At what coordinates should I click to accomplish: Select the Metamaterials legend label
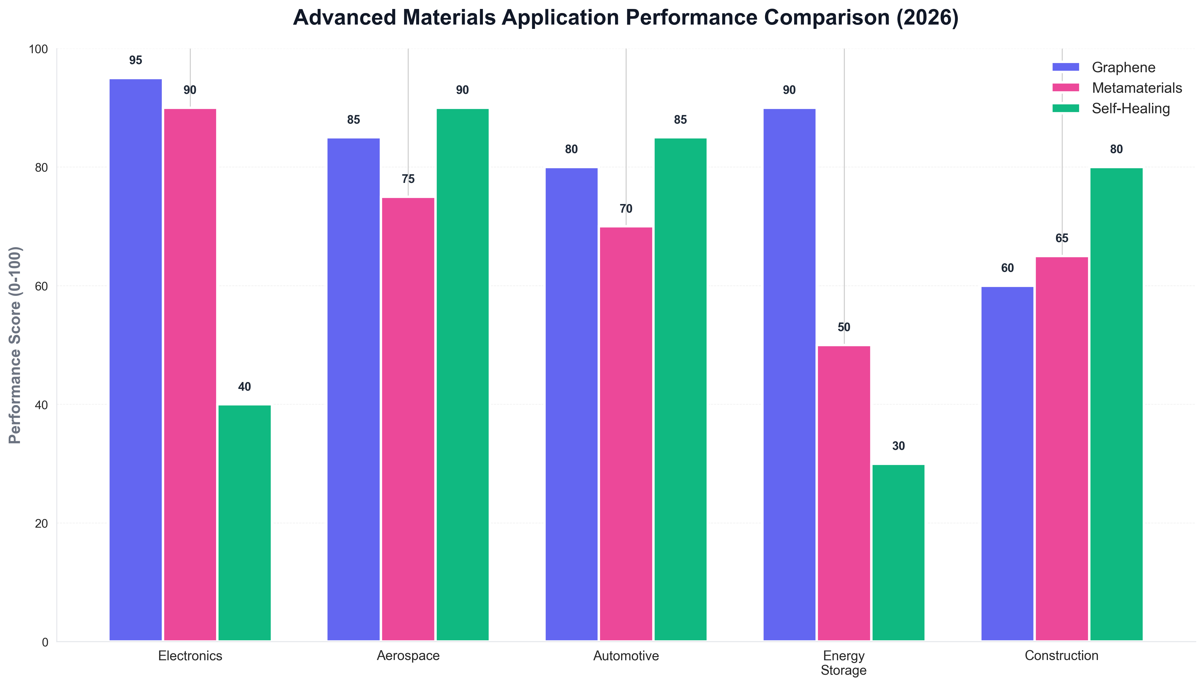(1137, 88)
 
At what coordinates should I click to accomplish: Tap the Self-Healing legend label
(1131, 109)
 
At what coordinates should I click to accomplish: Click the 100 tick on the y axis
(39, 49)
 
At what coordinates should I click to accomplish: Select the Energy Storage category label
(844, 663)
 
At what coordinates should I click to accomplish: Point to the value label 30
(898, 446)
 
